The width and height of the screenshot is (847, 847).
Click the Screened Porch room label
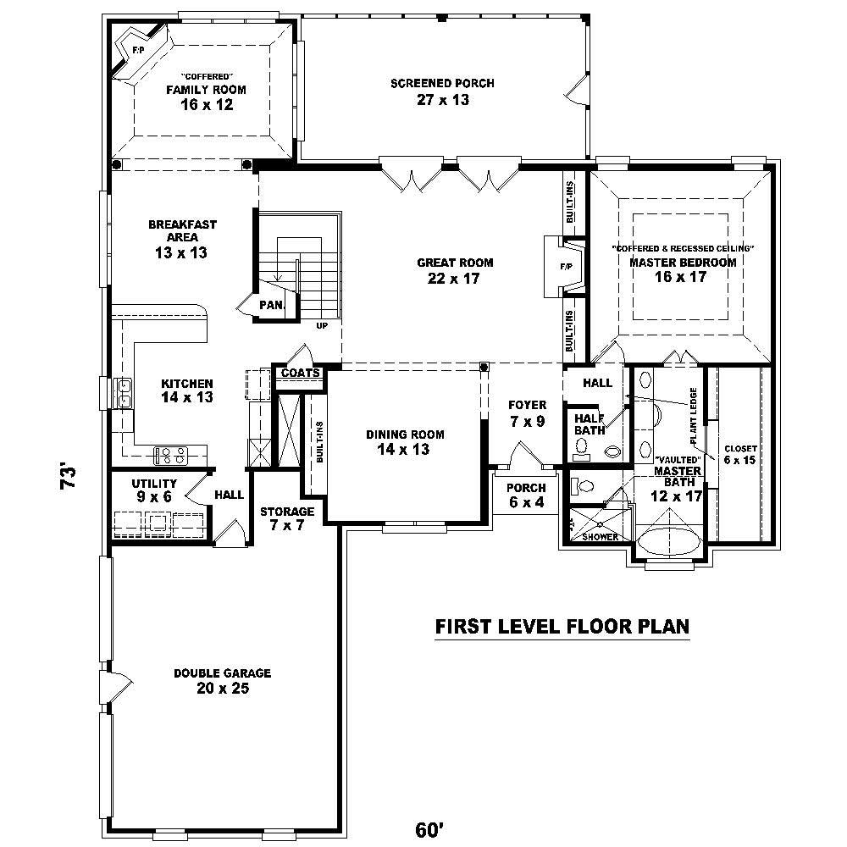(x=441, y=91)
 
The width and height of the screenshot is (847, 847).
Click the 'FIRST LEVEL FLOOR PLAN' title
(x=562, y=627)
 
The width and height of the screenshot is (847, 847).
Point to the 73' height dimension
(x=69, y=477)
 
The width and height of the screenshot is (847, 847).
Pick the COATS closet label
(x=300, y=373)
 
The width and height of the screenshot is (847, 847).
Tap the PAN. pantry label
(x=271, y=305)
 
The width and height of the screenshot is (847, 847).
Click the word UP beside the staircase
(x=322, y=326)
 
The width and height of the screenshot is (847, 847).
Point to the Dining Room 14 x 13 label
(x=404, y=442)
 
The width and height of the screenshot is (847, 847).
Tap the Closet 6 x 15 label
(x=739, y=456)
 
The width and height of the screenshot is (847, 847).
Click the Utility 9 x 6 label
(x=153, y=490)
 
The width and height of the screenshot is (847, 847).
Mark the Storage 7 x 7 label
(x=286, y=518)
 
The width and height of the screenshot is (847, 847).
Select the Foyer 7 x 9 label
(x=527, y=412)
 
